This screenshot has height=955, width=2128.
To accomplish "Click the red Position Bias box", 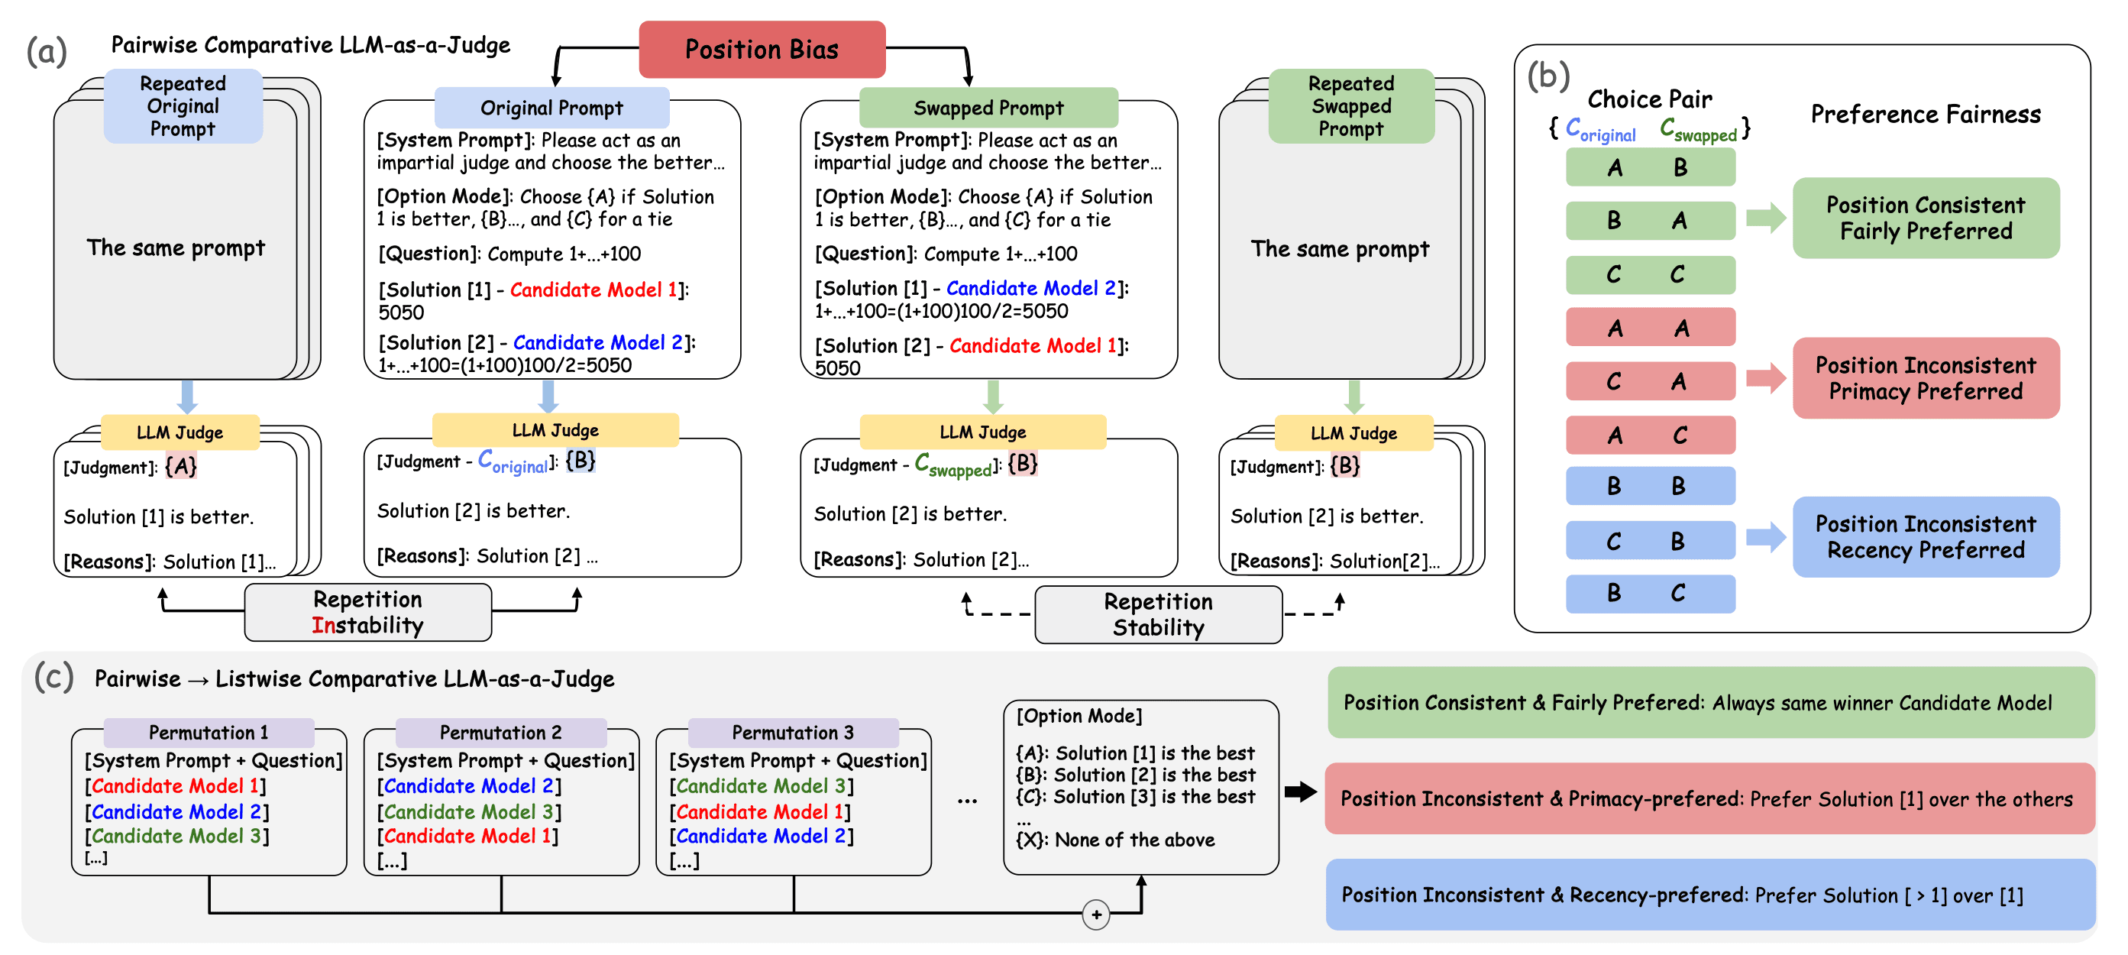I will pos(762,50).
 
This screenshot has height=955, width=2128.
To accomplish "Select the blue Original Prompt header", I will pos(551,108).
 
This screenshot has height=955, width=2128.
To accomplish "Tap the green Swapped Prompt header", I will pos(988,108).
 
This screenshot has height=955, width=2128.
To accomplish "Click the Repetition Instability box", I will pos(367,612).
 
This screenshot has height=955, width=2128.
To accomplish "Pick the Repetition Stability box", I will pos(1157,613).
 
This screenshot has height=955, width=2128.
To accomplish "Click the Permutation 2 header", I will pos(500,732).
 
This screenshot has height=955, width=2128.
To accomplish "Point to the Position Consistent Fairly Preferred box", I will pos(1925,217).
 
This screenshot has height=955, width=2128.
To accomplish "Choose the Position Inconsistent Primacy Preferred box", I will pos(1925,377).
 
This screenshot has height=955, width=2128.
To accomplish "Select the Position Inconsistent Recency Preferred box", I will pos(1925,537).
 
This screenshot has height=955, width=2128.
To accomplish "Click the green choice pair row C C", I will pos(1650,274).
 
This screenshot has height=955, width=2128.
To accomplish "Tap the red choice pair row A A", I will pos(1650,328).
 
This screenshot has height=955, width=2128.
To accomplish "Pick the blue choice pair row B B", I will pos(1650,486).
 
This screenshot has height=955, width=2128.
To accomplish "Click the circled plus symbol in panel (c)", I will pos(1095,914).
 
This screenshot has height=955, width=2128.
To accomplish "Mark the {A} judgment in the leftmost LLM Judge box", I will pos(181,467).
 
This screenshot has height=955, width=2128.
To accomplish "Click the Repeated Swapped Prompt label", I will pos(1350,105).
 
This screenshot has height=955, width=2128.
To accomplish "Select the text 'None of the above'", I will pos(1134,840).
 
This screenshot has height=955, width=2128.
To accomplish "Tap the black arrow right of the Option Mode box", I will pos(1300,792).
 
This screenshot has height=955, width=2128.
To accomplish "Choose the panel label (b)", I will pos(1547,75).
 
